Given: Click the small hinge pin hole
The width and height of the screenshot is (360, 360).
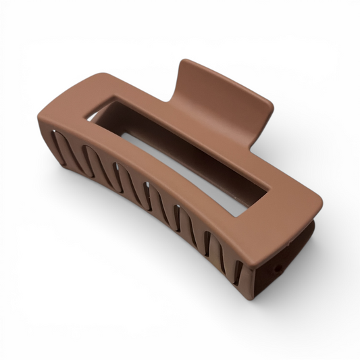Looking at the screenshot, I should (x=278, y=269).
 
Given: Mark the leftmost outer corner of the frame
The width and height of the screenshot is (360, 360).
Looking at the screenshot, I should (x=41, y=122).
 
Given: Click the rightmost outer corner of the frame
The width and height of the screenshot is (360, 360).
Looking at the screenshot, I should (x=320, y=203).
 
